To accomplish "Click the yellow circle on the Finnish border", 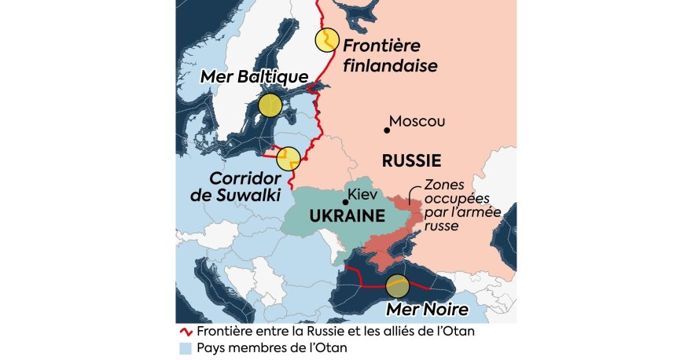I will [x=326, y=40].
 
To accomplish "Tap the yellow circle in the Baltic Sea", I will [x=270, y=105].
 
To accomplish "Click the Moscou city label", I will [x=417, y=122].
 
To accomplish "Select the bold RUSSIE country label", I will [x=410, y=161].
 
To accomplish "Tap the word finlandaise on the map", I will [x=390, y=66].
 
